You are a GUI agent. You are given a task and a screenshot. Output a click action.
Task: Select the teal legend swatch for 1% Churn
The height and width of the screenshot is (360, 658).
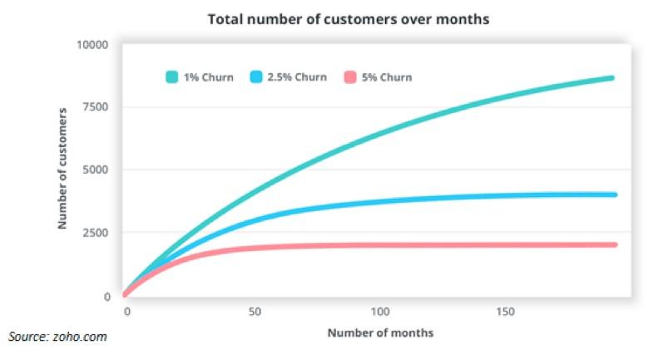tap(172, 77)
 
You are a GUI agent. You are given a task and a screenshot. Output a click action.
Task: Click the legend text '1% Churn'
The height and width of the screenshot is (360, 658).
tap(210, 77)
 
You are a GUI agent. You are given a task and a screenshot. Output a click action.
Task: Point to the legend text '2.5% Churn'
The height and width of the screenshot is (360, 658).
tap(299, 77)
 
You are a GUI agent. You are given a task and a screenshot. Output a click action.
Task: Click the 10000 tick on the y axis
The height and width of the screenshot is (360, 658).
tap(93, 43)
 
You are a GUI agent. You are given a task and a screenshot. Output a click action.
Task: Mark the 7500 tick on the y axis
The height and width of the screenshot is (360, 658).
tap(96, 106)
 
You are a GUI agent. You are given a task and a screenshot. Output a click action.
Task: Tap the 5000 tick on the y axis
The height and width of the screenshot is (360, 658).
tap(96, 170)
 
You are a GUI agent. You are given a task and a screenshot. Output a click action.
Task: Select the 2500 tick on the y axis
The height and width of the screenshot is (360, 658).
tap(96, 233)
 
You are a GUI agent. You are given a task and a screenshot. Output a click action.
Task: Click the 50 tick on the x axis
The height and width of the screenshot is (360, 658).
tap(255, 311)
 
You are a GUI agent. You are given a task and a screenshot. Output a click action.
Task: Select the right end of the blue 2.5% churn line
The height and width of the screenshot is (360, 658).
tap(613, 195)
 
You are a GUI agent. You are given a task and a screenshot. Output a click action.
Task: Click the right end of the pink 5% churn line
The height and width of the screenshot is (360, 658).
tap(613, 244)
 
